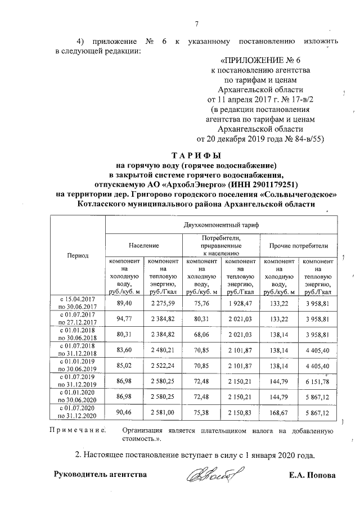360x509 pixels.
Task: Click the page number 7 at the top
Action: coord(197,24)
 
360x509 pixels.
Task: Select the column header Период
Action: coord(78,255)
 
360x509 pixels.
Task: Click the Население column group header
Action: coord(143,246)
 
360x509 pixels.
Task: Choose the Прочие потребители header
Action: coord(298,246)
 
